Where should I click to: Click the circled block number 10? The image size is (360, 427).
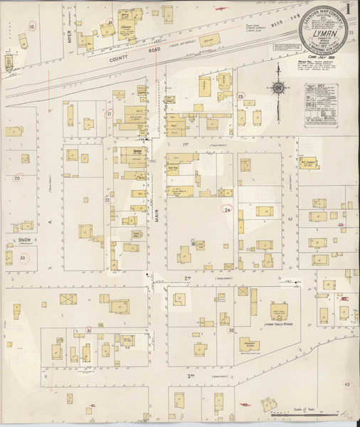click(x=31, y=26)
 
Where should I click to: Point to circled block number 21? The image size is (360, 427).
click(x=109, y=113)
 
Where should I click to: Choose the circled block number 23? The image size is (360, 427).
click(x=241, y=96)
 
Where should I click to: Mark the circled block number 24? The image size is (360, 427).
click(x=228, y=210)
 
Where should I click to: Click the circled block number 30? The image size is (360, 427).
click(x=24, y=258)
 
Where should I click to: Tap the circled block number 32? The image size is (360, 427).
click(x=231, y=331)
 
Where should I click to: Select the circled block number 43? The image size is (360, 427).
click(x=347, y=384)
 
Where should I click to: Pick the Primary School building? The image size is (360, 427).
click(x=249, y=344)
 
